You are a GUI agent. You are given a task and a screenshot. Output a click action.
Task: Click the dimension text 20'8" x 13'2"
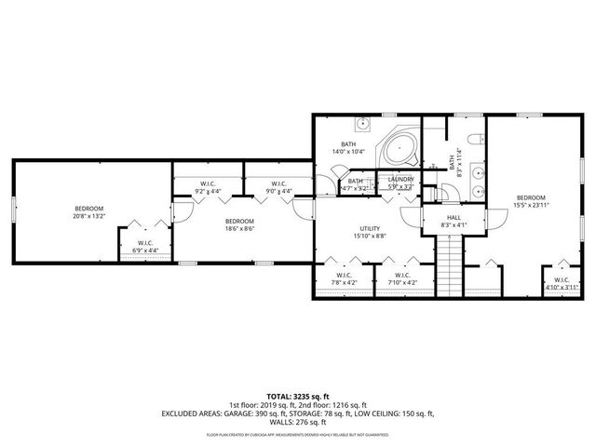click(89, 215)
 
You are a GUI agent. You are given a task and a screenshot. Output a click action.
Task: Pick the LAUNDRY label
click(401, 179)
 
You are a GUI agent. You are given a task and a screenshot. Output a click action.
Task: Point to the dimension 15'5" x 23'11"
click(531, 205)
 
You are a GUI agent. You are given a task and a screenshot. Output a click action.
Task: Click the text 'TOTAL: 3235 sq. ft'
click(298, 396)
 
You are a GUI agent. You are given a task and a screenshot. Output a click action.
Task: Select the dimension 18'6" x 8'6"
click(239, 228)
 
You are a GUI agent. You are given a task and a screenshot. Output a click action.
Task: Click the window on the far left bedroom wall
click(12, 209)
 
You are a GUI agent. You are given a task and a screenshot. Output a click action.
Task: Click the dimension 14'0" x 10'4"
click(349, 151)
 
